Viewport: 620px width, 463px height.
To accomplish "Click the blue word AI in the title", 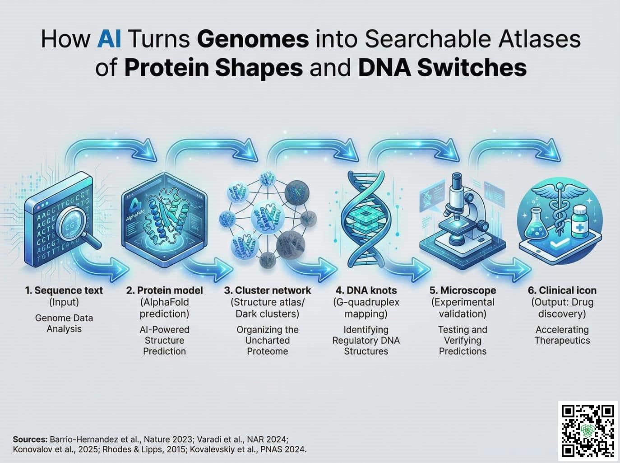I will [109, 39].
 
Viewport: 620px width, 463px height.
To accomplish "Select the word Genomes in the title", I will [253, 39].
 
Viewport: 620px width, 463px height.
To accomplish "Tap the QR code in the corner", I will [588, 429].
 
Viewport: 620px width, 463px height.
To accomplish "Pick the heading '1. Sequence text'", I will [64, 290].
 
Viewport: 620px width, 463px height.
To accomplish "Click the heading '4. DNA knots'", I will [366, 290].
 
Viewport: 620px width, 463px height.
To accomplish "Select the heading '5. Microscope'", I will [463, 290].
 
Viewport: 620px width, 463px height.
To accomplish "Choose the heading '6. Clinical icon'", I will [562, 290].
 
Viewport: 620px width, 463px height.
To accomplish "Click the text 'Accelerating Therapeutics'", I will [562, 335].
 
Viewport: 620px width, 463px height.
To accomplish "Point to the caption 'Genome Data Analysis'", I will [64, 323].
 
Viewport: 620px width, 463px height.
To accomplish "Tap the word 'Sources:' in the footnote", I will [30, 439].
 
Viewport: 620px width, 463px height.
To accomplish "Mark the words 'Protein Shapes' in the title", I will [213, 68].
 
